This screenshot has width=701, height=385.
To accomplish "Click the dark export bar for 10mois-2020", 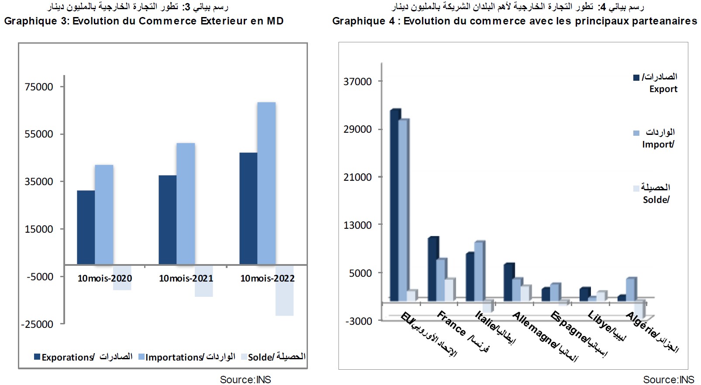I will pyautogui.click(x=86, y=227).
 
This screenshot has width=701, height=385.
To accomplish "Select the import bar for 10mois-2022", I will pyautogui.click(x=266, y=183).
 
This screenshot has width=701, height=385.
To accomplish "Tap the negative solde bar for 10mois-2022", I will pyautogui.click(x=284, y=290).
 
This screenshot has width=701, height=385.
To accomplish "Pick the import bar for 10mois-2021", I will pyautogui.click(x=186, y=203).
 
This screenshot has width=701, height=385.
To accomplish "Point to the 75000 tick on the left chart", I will pyautogui.click(x=39, y=87).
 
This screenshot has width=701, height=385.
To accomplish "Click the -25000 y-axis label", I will pyautogui.click(x=37, y=324).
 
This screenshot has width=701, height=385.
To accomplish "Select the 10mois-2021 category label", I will pyautogui.click(x=186, y=278).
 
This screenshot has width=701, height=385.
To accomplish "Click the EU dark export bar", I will pyautogui.click(x=395, y=205).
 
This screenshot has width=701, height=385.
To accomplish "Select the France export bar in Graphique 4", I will pyautogui.click(x=433, y=269).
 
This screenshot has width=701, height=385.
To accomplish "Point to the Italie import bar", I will pyautogui.click(x=479, y=271).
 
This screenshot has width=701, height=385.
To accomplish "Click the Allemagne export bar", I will pyautogui.click(x=508, y=282).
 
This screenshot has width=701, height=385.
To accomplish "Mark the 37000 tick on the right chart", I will pyautogui.click(x=358, y=82).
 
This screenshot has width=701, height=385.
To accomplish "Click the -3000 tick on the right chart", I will pyautogui.click(x=359, y=321).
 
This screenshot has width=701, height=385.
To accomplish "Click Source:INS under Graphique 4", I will pyautogui.click(x=668, y=380).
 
